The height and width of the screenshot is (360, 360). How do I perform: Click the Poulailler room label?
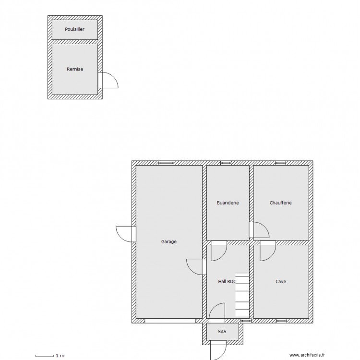click(x=74, y=29)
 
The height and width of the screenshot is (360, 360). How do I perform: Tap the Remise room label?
click(x=74, y=69)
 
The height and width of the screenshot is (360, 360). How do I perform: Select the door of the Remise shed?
click(x=108, y=80)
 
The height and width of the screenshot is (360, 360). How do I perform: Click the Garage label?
click(x=169, y=242)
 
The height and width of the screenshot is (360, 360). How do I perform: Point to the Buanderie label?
click(x=228, y=203)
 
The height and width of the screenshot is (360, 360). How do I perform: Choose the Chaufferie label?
click(x=281, y=203)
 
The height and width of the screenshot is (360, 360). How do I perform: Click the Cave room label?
click(x=281, y=282)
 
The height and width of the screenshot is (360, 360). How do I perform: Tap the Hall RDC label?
click(x=227, y=282)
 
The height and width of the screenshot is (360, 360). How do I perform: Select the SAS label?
click(x=222, y=331)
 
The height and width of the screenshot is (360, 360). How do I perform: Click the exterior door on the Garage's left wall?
click(x=126, y=233)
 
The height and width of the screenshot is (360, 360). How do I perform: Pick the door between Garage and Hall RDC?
click(x=196, y=266)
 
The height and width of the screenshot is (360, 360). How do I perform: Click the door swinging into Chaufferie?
click(x=260, y=230)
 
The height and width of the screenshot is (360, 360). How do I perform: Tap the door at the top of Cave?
click(x=267, y=251)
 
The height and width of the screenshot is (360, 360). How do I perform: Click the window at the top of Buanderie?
click(x=226, y=163)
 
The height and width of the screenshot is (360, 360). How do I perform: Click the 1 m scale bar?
click(x=50, y=356)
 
